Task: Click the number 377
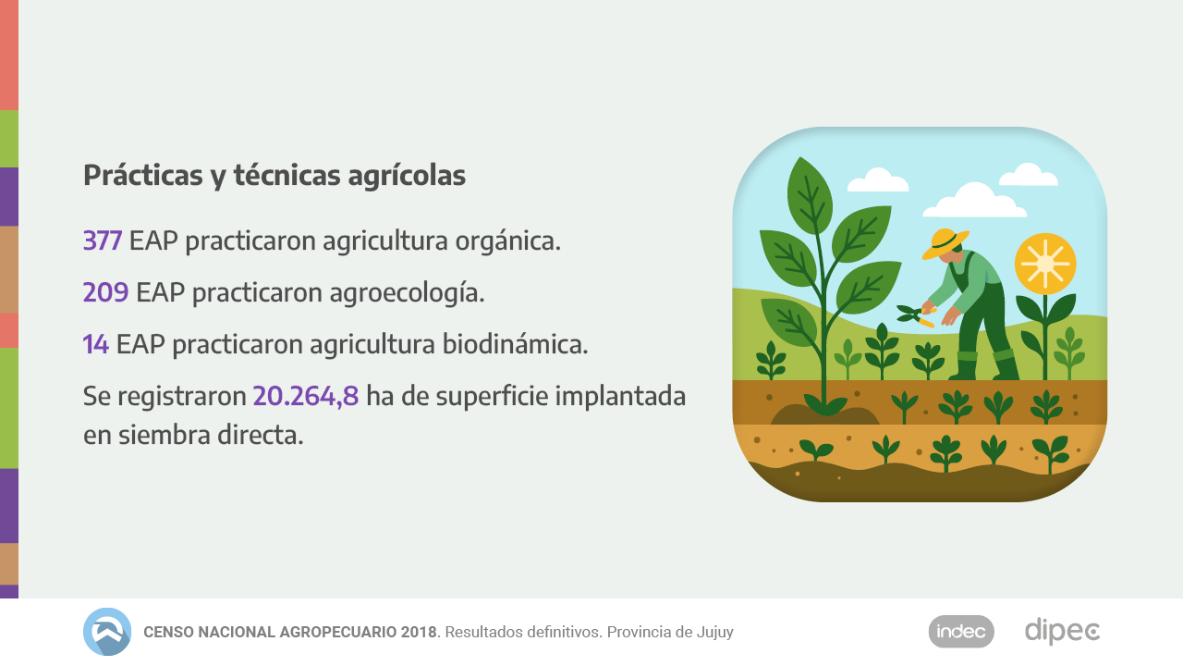pyautogui.click(x=103, y=241)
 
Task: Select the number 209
pyautogui.click(x=105, y=293)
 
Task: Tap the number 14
pyautogui.click(x=96, y=345)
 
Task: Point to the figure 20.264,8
pyautogui.click(x=306, y=397)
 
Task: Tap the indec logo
pyautogui.click(x=961, y=632)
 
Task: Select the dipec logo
pyautogui.click(x=1062, y=632)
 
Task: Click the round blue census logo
pyautogui.click(x=107, y=632)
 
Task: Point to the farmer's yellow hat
pyautogui.click(x=945, y=242)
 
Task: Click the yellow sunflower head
pyautogui.click(x=1045, y=264)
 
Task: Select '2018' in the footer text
pyautogui.click(x=419, y=633)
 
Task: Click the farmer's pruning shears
pyautogui.click(x=915, y=315)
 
